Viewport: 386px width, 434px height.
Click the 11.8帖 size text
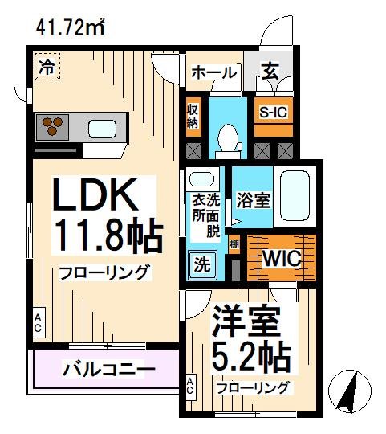pos(108,235)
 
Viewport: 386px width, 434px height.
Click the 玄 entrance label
pos(268,72)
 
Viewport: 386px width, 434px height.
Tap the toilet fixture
pos(229,138)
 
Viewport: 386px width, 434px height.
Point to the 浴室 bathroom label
pos(252,199)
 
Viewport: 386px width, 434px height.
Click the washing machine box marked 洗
pos(201,262)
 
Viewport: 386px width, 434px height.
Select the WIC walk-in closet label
pos(281,258)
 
